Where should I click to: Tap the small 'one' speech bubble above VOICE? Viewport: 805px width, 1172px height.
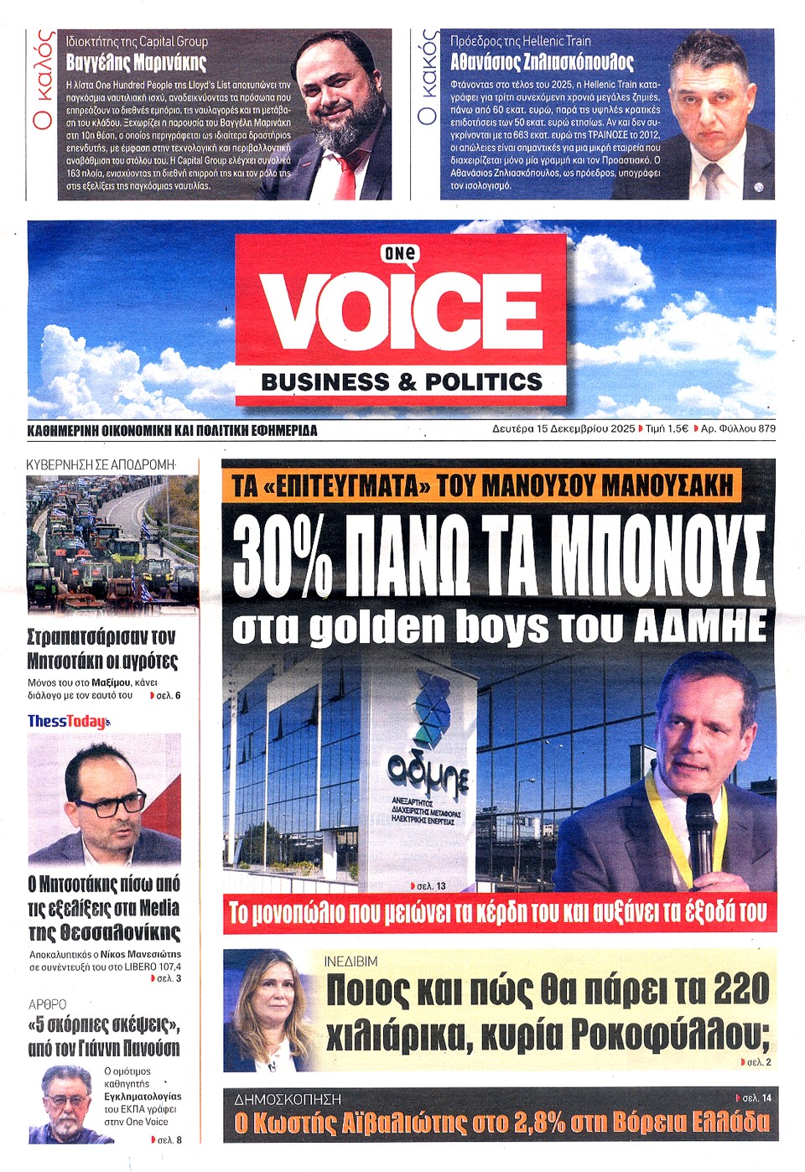click(401, 253)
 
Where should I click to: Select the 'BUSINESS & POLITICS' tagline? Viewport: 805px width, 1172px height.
click(402, 382)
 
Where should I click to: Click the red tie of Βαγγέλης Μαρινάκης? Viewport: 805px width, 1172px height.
click(345, 172)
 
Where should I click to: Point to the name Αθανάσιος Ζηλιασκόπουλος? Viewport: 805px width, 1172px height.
click(542, 62)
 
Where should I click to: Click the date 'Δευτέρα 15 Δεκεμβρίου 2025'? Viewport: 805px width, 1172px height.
click(563, 428)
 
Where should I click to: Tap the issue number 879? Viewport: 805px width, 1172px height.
click(766, 428)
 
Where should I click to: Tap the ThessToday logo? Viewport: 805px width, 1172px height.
click(68, 721)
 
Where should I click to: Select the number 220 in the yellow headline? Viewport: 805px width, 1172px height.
click(740, 990)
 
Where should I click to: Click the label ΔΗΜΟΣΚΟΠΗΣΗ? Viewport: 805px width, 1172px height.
click(288, 1098)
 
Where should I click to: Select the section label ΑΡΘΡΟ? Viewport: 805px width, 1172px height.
click(48, 1004)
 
